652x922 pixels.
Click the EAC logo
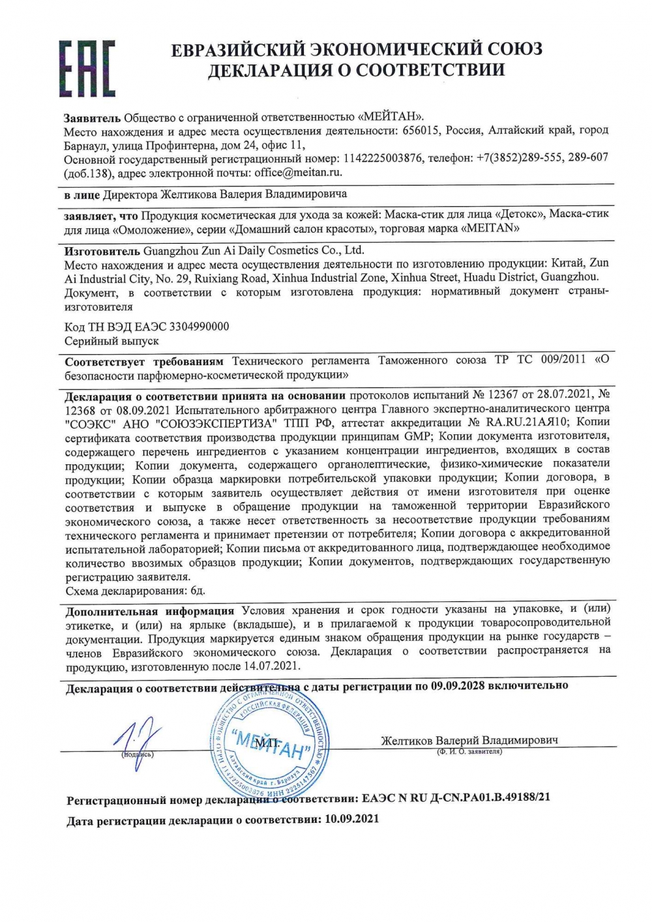point(87,68)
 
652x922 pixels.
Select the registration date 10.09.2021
point(351,818)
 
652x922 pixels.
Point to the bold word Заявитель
point(92,117)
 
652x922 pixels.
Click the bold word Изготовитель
point(102,250)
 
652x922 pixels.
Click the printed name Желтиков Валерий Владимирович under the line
point(469,740)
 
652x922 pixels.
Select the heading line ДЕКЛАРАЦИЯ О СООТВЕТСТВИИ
point(356,70)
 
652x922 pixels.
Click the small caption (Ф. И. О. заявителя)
point(469,752)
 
